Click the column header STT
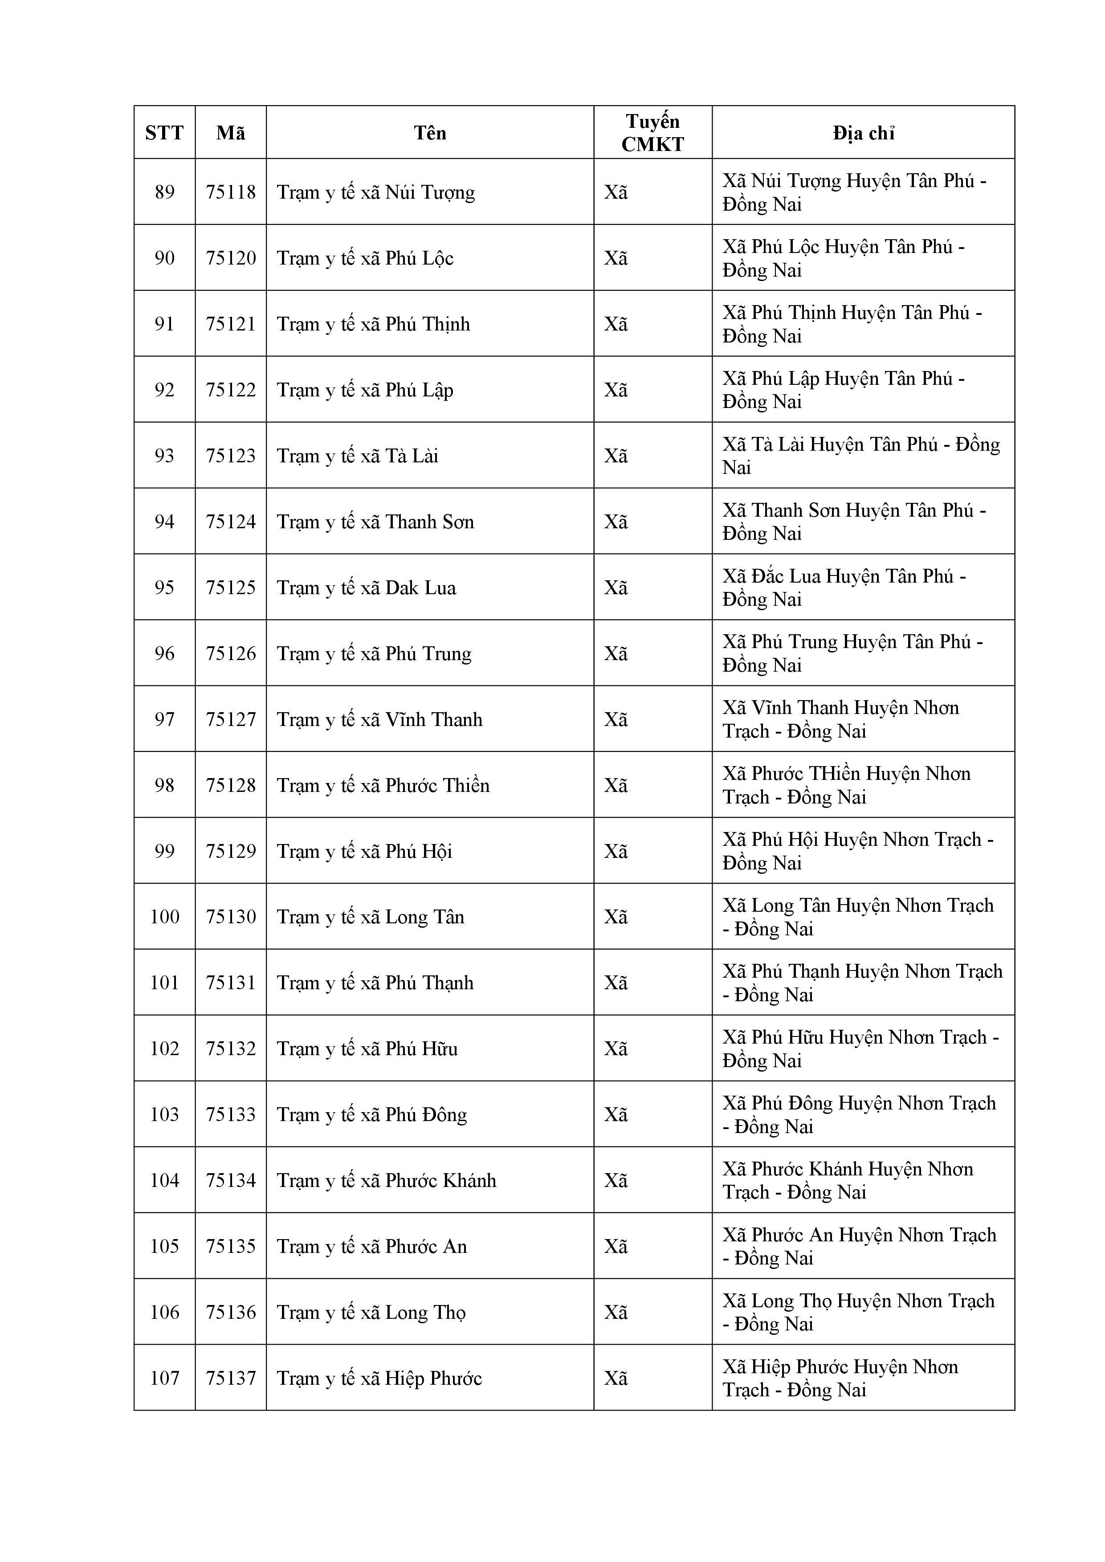tap(165, 133)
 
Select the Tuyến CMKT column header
tap(652, 133)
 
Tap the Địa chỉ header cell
tap(863, 133)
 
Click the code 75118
tap(231, 192)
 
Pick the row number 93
tap(165, 456)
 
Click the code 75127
tap(231, 720)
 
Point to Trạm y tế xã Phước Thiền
tap(383, 786)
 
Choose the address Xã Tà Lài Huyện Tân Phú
tap(861, 456)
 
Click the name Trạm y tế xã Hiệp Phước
tap(379, 1378)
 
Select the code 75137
tap(231, 1378)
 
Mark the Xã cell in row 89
tap(616, 192)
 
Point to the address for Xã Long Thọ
tap(858, 1312)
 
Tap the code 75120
tap(231, 258)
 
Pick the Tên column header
tap(430, 133)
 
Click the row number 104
tap(165, 1180)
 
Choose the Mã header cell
tap(231, 133)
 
